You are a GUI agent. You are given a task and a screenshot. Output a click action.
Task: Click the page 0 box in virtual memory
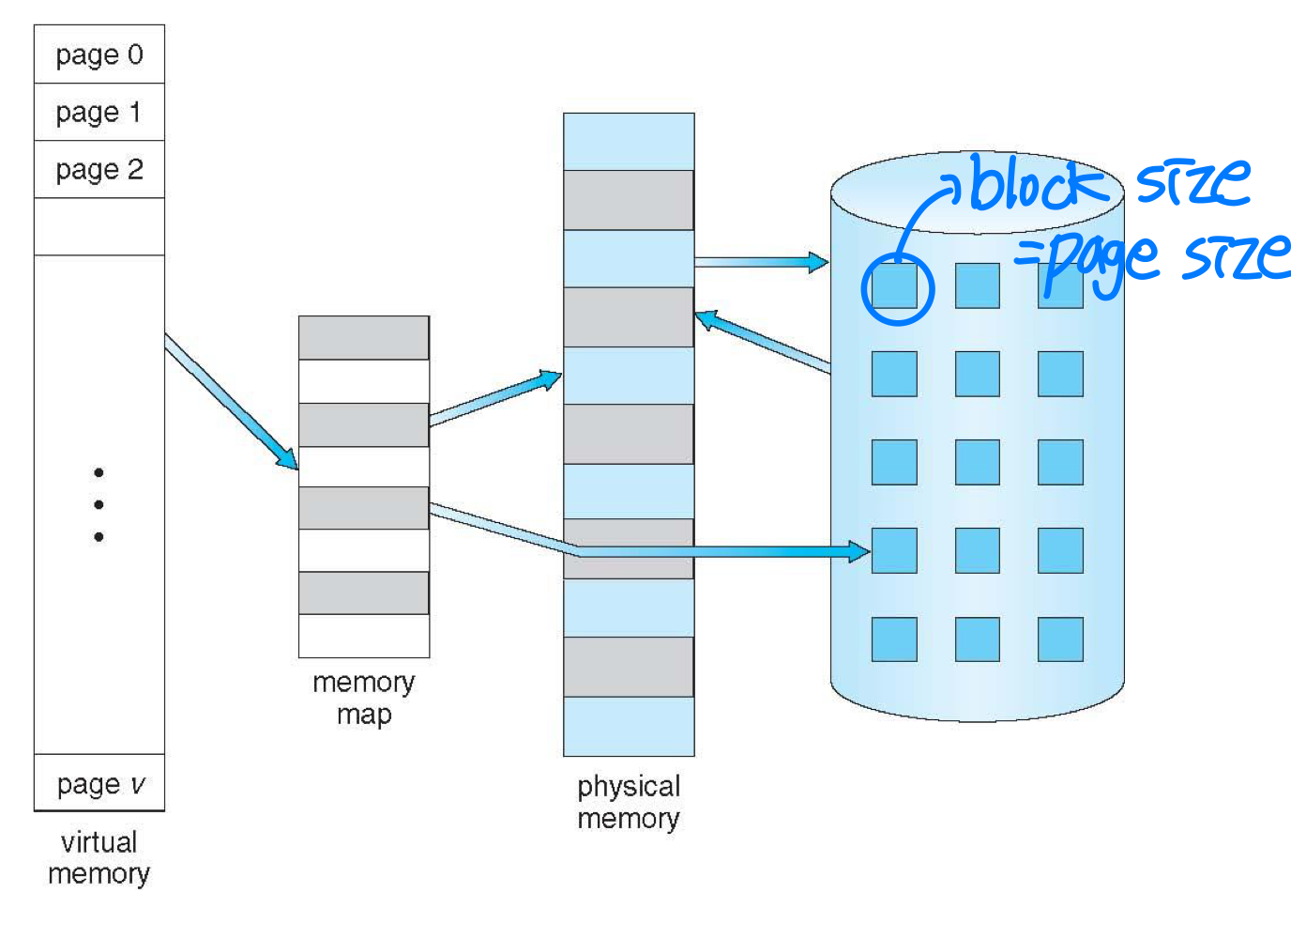click(x=99, y=54)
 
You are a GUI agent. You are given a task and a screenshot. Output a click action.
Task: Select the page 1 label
click(x=99, y=113)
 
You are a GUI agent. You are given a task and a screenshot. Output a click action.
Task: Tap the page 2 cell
click(x=99, y=170)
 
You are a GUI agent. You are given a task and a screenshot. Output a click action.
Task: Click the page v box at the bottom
click(x=99, y=783)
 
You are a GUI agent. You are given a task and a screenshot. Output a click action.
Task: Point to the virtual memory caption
click(x=99, y=857)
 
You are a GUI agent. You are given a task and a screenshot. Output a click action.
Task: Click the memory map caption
click(x=364, y=698)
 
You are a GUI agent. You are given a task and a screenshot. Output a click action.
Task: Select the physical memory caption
click(x=629, y=802)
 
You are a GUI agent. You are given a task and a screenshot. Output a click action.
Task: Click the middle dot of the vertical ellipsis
click(x=99, y=505)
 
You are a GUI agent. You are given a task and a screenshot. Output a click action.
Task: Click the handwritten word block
click(x=1037, y=183)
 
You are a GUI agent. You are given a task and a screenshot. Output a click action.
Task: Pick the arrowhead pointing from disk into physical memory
click(x=706, y=320)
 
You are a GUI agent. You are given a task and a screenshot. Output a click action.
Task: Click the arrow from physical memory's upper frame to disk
click(x=760, y=262)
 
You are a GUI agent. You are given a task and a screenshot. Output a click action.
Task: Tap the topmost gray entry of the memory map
click(x=364, y=338)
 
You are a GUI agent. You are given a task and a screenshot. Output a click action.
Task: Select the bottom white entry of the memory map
click(x=364, y=636)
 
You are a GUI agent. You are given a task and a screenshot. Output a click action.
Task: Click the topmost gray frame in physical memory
click(x=629, y=200)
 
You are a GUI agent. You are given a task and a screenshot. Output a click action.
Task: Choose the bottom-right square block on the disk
click(x=1060, y=639)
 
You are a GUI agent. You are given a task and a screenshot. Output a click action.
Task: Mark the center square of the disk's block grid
click(x=978, y=462)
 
